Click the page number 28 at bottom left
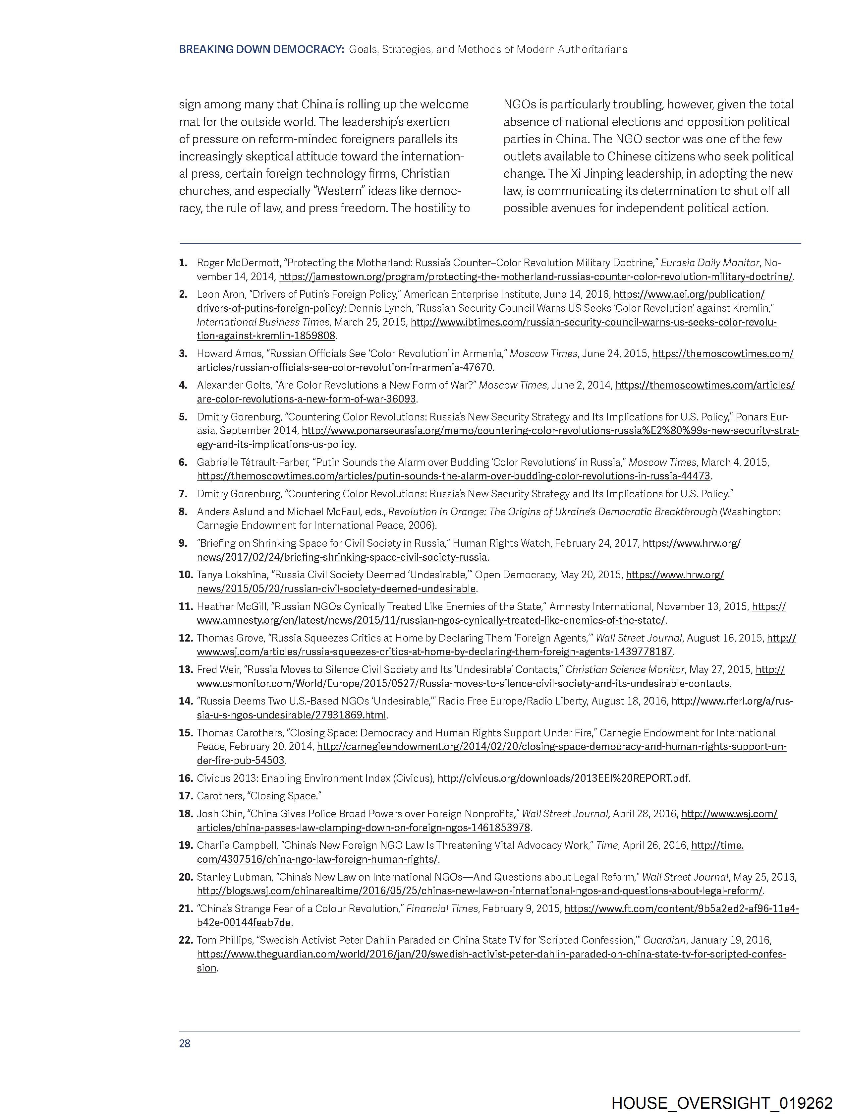185,1044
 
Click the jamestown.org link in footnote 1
535,277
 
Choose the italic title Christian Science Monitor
624,670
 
